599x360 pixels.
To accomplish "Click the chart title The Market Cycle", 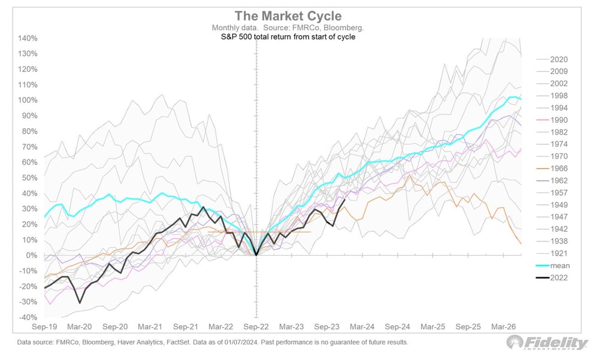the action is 288,16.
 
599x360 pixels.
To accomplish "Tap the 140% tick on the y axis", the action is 28,38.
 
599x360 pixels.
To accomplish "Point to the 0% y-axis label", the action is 31,255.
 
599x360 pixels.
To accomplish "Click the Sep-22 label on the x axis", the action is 256,326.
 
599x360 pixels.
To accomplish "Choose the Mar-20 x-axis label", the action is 80,326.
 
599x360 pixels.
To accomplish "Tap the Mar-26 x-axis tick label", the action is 504,326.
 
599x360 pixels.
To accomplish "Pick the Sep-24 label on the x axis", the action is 397,326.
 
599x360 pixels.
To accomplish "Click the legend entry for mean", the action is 553,265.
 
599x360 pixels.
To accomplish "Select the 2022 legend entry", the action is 552,278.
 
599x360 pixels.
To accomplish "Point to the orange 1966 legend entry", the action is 552,168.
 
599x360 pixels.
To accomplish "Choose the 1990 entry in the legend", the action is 552,120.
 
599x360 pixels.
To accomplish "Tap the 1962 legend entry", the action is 552,180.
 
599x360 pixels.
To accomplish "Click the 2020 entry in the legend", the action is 552,59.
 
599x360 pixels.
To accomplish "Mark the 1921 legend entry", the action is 552,253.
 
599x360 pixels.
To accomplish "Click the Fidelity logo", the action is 547,342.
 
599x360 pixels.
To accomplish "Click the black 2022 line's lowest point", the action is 80,303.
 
